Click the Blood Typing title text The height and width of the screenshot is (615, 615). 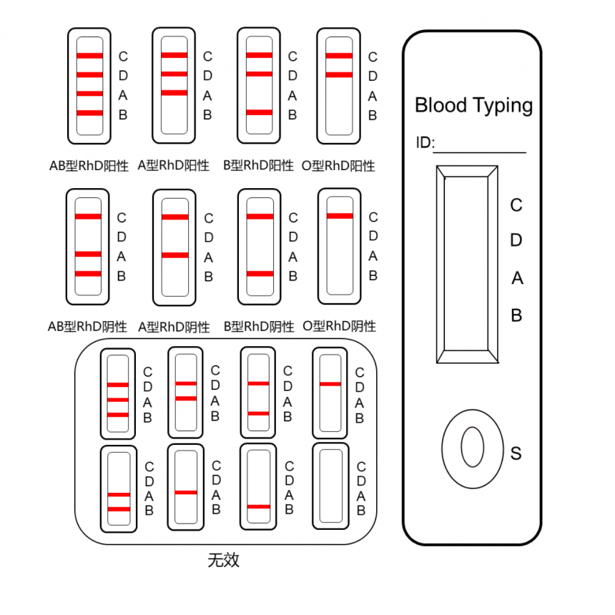(473, 106)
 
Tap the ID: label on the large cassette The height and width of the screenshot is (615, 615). (425, 143)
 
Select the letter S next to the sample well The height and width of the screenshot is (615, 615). (516, 453)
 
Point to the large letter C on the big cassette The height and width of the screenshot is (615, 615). (516, 206)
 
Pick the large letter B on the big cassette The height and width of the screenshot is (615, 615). (516, 315)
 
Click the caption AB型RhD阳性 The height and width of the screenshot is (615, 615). (89, 166)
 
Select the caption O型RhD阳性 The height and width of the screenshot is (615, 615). (339, 166)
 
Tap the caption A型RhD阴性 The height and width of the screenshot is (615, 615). (174, 327)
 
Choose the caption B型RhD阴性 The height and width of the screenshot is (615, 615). (259, 327)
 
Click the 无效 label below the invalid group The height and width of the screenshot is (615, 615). (223, 560)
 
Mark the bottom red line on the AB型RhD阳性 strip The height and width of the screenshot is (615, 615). (90, 113)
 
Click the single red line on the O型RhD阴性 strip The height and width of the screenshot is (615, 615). (340, 216)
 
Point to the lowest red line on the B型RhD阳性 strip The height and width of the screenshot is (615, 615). (260, 112)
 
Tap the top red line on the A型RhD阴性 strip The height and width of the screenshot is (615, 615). (175, 217)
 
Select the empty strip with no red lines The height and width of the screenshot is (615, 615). (330, 486)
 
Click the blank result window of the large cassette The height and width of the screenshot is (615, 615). (466, 264)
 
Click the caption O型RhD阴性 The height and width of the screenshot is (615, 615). (339, 327)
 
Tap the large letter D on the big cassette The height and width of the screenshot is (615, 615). (516, 241)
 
